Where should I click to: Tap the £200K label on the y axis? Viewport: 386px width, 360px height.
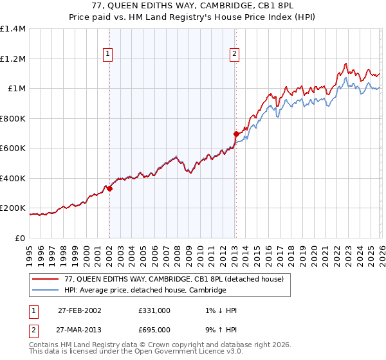pos(13,208)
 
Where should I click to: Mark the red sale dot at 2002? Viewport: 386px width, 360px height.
pos(110,188)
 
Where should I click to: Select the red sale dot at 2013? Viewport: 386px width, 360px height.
pos(236,134)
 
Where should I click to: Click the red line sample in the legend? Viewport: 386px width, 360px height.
pos(46,279)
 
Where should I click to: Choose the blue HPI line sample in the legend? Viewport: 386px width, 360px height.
pos(46,291)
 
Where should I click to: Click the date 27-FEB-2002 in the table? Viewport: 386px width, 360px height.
pos(79,310)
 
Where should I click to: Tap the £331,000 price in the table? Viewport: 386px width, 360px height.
pos(154,310)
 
